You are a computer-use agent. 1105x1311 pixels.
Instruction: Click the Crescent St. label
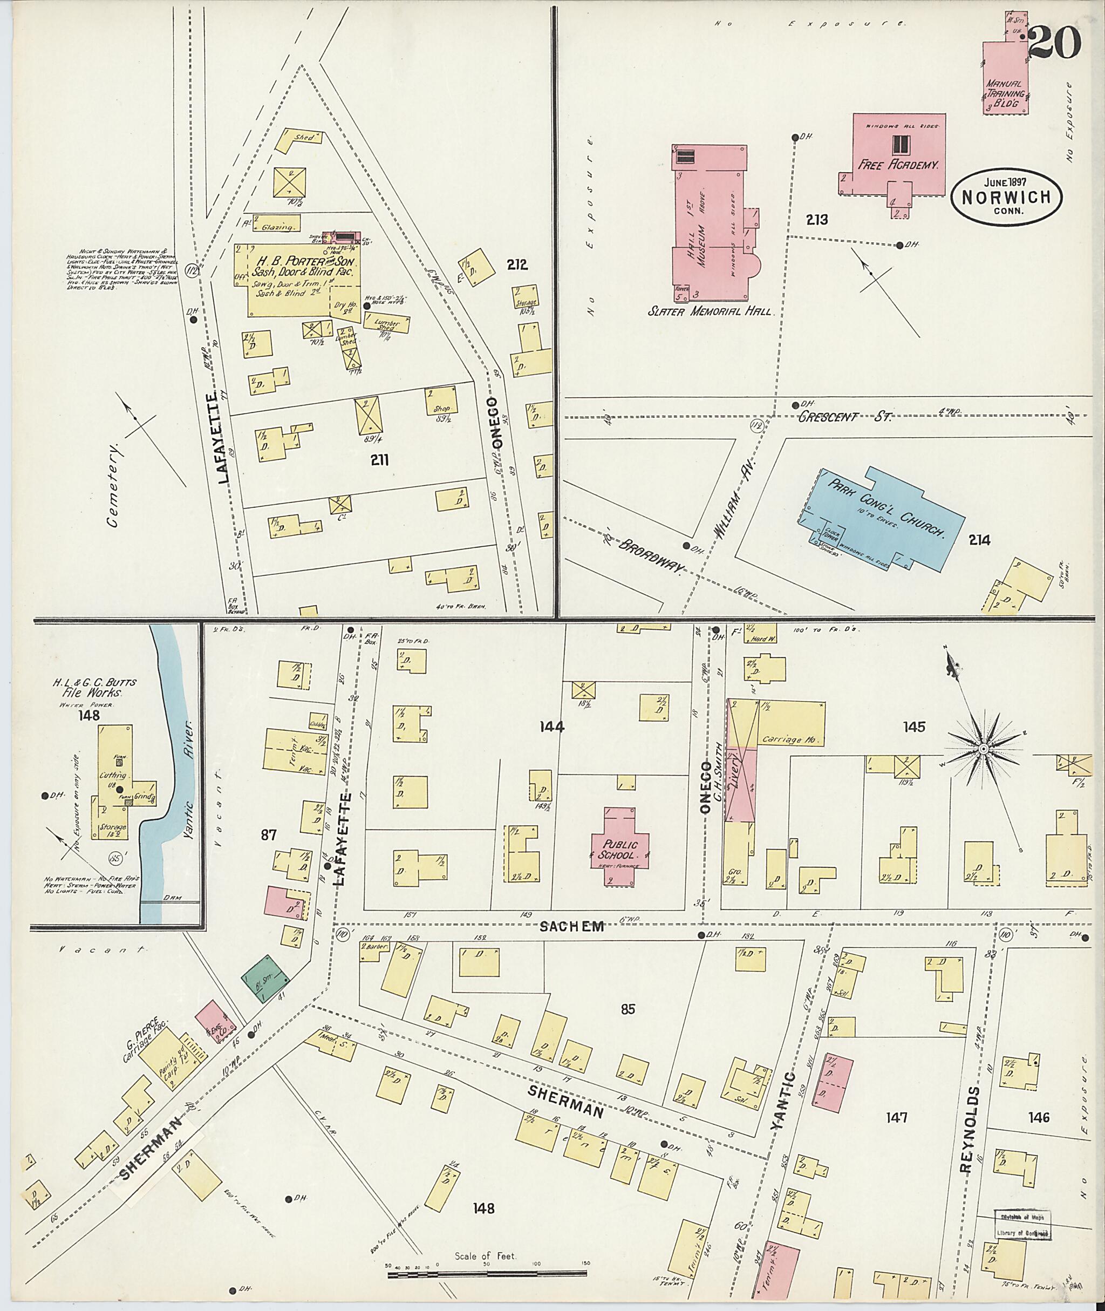tap(845, 417)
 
